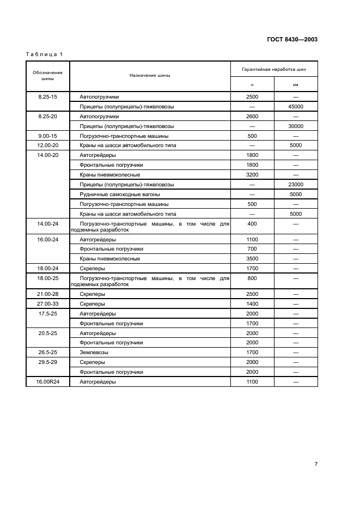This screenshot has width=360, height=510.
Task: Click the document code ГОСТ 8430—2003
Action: coord(291,39)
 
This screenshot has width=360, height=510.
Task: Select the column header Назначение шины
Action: coord(150,75)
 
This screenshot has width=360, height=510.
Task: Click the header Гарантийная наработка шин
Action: coord(274,69)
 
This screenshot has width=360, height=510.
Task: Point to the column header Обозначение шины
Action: coord(47,75)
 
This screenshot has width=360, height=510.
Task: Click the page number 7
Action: coord(316,464)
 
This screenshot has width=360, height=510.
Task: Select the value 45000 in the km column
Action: coord(296,106)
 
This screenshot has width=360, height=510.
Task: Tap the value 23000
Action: coord(296,185)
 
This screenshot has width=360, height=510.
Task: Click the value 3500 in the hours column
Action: coord(252,258)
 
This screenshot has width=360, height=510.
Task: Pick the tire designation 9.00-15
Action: coord(47,136)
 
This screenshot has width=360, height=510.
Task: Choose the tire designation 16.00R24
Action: coord(47,382)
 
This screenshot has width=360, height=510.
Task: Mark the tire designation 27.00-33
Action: coord(47,303)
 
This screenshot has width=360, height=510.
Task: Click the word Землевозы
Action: coord(94,353)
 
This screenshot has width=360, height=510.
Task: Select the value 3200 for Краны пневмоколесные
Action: coord(252,175)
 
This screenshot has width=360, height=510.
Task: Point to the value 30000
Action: coord(296,126)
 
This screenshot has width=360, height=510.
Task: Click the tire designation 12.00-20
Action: coord(47,145)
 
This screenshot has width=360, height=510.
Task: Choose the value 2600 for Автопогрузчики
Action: coord(252,116)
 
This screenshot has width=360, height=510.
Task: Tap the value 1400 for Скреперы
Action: coord(252,303)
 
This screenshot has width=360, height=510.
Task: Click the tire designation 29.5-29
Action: coord(47,362)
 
